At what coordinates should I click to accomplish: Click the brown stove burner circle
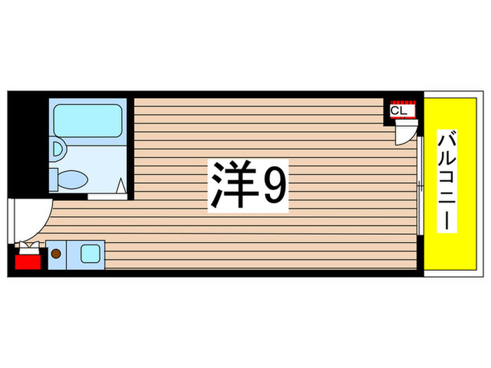tap(57, 253)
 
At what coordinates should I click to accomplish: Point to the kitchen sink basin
tap(90, 253)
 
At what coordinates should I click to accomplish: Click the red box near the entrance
tap(28, 263)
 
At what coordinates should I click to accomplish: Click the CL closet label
tap(398, 111)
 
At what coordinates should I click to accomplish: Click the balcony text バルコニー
tap(445, 182)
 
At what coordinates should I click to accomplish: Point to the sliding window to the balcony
tap(419, 186)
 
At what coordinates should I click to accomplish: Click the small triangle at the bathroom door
tap(121, 186)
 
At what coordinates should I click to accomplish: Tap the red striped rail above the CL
tap(404, 101)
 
